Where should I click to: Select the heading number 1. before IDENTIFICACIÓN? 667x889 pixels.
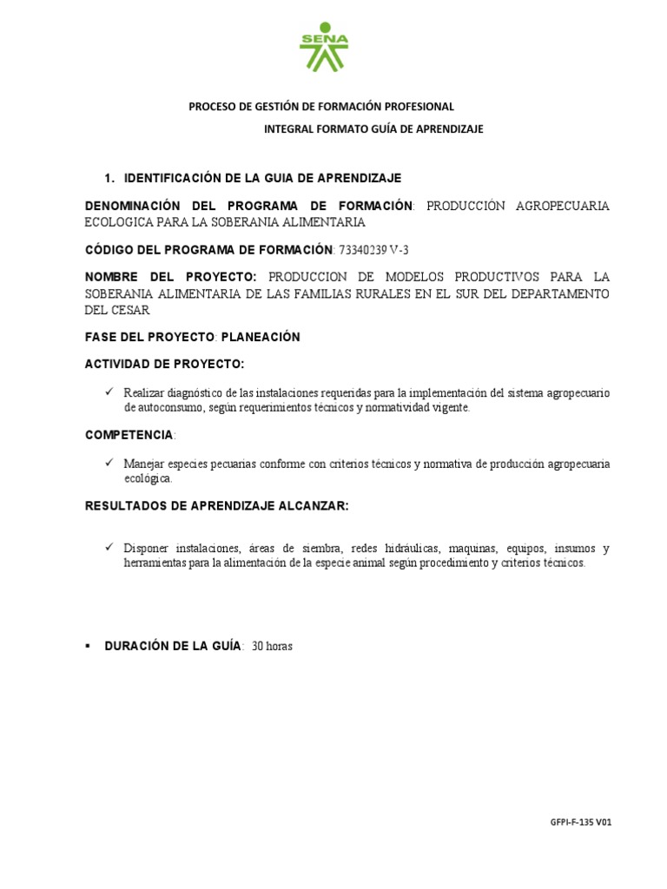click(x=109, y=178)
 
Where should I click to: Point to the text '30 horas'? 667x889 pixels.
click(x=272, y=646)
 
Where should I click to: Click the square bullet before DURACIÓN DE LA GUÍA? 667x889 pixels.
click(x=89, y=646)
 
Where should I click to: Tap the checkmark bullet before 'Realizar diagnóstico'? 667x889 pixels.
click(x=109, y=392)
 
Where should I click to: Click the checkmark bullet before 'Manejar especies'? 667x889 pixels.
click(x=109, y=463)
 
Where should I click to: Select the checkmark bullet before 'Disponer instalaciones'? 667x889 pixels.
click(x=109, y=547)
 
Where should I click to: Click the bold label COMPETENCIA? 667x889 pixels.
click(x=129, y=434)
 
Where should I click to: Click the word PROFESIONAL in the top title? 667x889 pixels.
click(x=415, y=106)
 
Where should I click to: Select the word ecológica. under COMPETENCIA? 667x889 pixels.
click(x=148, y=478)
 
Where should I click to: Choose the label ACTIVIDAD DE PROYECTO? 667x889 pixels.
click(x=164, y=363)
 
